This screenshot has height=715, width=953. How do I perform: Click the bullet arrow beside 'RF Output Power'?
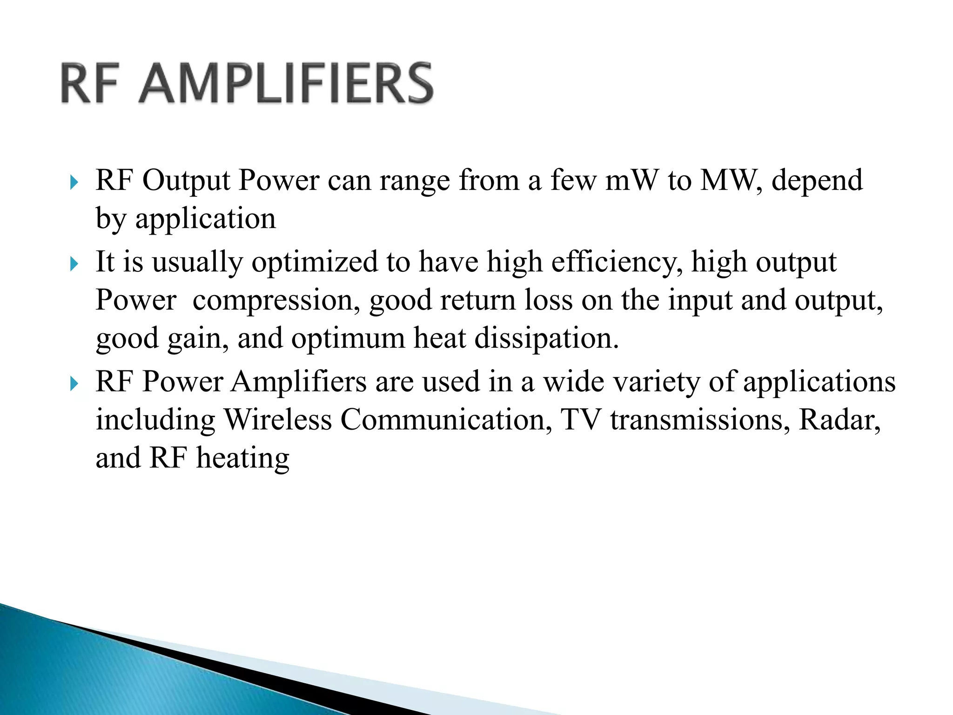pos(74,182)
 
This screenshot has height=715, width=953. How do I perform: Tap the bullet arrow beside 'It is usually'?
pos(74,264)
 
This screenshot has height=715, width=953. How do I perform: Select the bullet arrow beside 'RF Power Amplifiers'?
pos(74,384)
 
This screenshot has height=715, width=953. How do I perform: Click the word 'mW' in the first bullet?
pos(632,180)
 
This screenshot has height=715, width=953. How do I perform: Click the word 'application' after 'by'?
pos(206,219)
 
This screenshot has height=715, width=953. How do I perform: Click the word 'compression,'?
pos(276,300)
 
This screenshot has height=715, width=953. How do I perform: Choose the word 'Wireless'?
pos(278,420)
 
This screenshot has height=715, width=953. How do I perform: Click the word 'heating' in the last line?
pos(242,459)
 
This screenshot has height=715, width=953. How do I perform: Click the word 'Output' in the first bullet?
pos(186,180)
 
